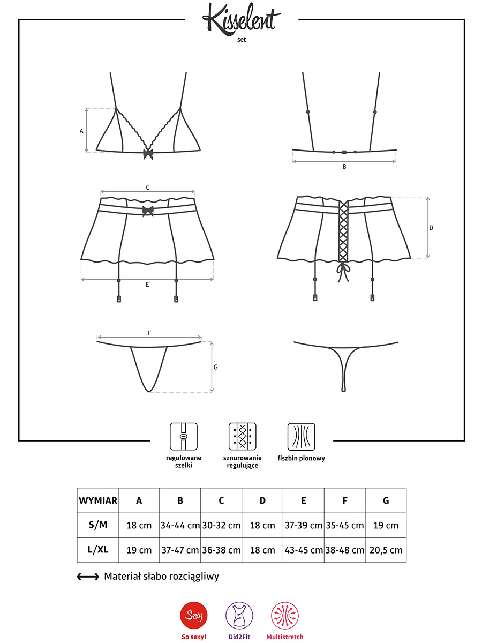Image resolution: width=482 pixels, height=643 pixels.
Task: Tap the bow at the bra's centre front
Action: pos(148,154)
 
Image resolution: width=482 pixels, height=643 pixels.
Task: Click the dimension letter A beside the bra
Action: pos(81,131)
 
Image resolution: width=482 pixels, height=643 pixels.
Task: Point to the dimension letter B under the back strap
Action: pos(344,167)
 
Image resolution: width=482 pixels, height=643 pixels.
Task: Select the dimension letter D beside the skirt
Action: pos(431,228)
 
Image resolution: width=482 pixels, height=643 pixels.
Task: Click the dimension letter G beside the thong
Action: pos(216,367)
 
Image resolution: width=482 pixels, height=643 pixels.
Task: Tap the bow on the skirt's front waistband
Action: pos(148,211)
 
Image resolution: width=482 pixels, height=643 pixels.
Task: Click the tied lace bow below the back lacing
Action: pos(343,272)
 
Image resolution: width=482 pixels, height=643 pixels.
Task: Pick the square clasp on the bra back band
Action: pos(344,152)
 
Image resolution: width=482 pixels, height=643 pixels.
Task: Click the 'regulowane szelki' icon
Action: pos(184,436)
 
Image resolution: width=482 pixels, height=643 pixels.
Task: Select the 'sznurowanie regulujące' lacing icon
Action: pos(242,436)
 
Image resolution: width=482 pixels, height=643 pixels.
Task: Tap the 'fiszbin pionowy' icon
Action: pos(301,437)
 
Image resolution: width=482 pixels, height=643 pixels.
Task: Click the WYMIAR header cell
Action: pos(98,500)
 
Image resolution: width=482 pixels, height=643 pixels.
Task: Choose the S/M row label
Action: pos(98,525)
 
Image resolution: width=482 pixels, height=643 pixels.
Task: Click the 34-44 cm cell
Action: pos(180,525)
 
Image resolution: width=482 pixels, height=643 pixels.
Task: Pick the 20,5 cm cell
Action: pos(386,550)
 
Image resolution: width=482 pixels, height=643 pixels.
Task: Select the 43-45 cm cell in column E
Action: pos(304,550)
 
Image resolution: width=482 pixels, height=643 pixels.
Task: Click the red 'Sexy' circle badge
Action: pos(194,615)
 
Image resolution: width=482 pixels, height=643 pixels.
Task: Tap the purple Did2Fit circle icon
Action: pos(239,615)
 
